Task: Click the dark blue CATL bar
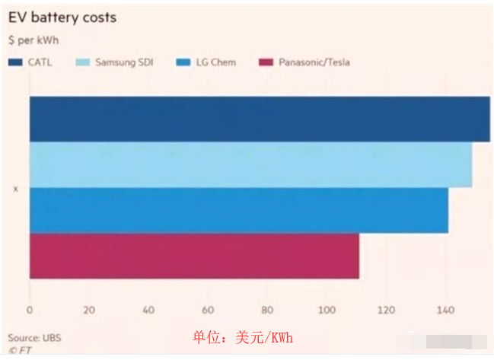pos(259,119)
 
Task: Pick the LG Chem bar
pos(238,210)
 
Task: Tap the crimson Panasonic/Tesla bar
pos(193,256)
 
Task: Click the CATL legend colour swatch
pos(15,62)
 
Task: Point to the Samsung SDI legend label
pos(123,62)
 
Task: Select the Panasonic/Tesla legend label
pos(314,62)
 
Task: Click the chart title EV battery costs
pos(62,18)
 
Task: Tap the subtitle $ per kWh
pos(33,40)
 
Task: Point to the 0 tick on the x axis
pos(29,310)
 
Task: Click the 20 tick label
pos(88,310)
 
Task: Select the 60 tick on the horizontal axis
pos(207,310)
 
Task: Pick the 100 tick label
pos(326,310)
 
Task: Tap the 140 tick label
pos(445,310)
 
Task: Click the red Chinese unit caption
pos(242,338)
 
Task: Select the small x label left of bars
pos(15,188)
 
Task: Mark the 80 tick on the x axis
pos(266,310)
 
